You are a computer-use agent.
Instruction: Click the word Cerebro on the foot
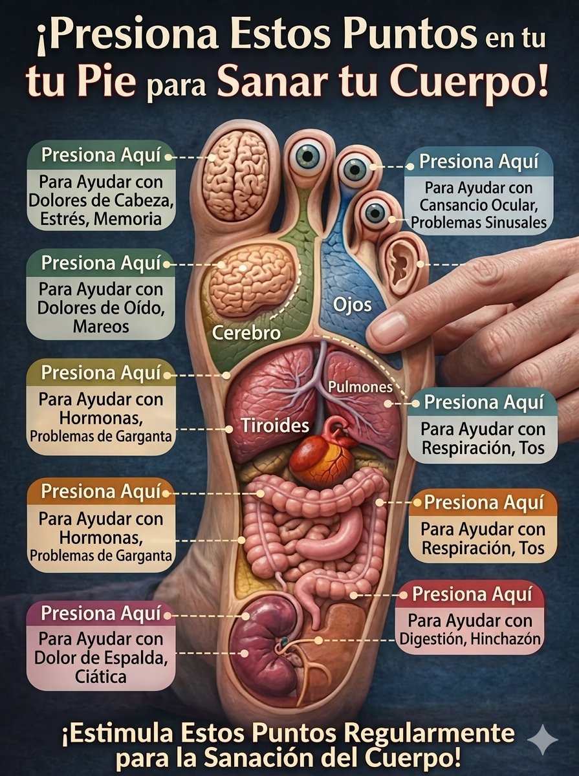click(246, 332)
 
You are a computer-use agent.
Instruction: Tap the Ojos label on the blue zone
click(353, 305)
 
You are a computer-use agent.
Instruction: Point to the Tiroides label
click(275, 425)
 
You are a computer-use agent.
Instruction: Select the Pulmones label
click(360, 387)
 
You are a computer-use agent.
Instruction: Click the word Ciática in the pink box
click(101, 676)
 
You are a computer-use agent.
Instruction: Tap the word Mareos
click(101, 327)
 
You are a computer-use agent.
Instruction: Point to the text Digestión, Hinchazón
click(470, 639)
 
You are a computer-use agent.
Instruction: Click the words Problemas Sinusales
click(479, 222)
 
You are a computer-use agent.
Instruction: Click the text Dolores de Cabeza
click(101, 200)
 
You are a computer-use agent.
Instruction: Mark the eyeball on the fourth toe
click(376, 213)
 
